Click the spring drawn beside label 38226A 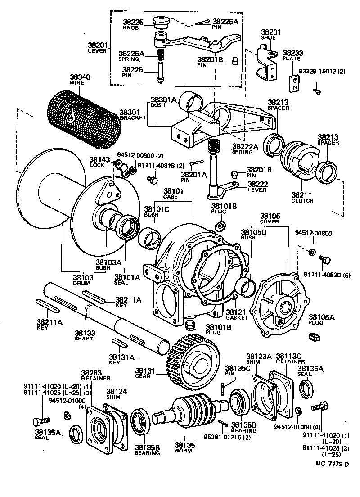(x=161, y=56)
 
